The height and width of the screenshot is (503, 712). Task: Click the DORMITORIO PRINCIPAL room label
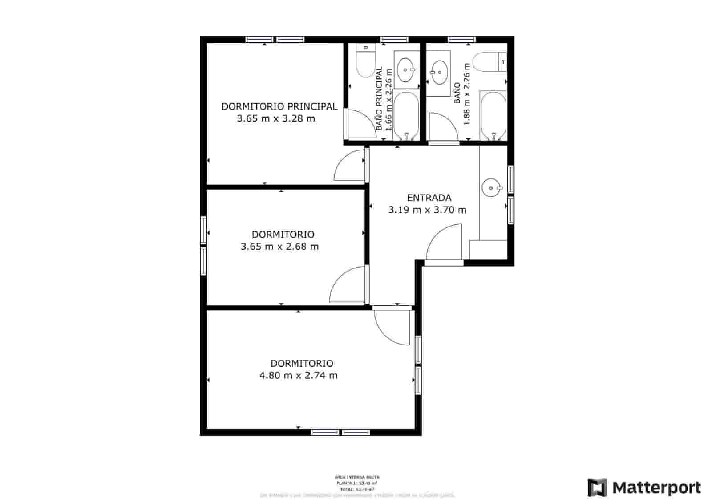(279, 106)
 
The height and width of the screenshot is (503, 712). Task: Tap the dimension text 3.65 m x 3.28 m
(276, 119)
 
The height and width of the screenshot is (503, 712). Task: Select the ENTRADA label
(429, 198)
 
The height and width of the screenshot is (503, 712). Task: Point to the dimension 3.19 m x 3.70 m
(427, 210)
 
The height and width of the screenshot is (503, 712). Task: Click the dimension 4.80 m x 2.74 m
(298, 376)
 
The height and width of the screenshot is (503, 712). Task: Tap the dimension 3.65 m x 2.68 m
(279, 247)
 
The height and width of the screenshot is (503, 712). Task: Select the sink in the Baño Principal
(406, 70)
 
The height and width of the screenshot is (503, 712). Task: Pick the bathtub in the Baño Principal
(406, 115)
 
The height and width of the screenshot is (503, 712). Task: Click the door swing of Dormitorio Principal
(349, 165)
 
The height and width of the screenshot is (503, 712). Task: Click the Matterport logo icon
(597, 487)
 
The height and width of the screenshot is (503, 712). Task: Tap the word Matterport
(656, 488)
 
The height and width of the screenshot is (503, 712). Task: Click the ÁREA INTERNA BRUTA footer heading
(357, 477)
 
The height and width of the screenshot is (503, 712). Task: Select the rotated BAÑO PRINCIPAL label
(379, 99)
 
